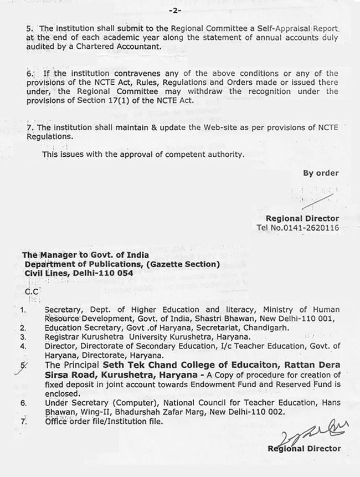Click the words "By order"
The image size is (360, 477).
point(321,173)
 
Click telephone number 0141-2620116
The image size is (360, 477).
point(315,227)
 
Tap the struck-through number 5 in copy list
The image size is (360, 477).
point(23,366)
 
